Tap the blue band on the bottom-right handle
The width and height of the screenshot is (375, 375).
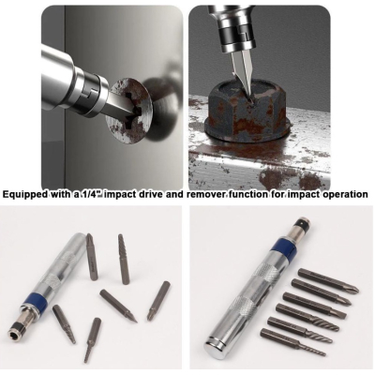(283, 247)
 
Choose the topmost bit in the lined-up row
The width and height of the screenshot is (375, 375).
(328, 281)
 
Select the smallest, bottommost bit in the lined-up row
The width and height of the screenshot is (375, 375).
(292, 342)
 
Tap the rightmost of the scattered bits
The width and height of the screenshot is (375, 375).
(158, 301)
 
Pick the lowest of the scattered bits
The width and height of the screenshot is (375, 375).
(92, 340)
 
